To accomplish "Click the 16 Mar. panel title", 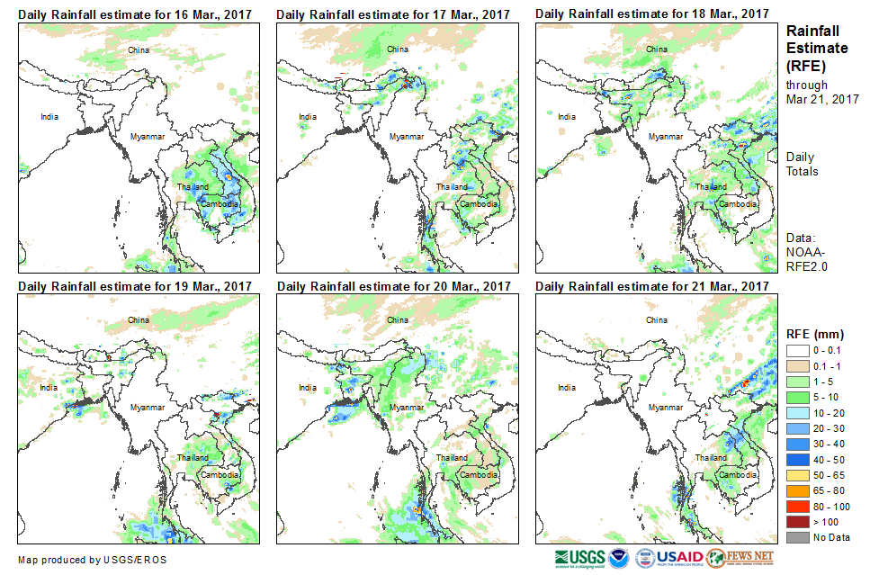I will point(135,14).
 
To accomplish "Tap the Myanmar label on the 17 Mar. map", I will point(406,137).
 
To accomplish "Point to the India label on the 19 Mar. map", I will point(49,388).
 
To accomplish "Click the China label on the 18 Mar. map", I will point(657,49).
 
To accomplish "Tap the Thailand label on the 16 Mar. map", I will point(193,187).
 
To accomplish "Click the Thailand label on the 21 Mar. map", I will point(711,458).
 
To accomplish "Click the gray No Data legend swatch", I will point(797,537).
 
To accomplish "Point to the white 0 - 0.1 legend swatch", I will point(797,352).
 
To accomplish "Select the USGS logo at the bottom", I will point(580,558).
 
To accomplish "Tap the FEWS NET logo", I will point(740,558).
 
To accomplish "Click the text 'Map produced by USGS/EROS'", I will point(92,560).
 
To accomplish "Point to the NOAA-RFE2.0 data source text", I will point(806,259).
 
